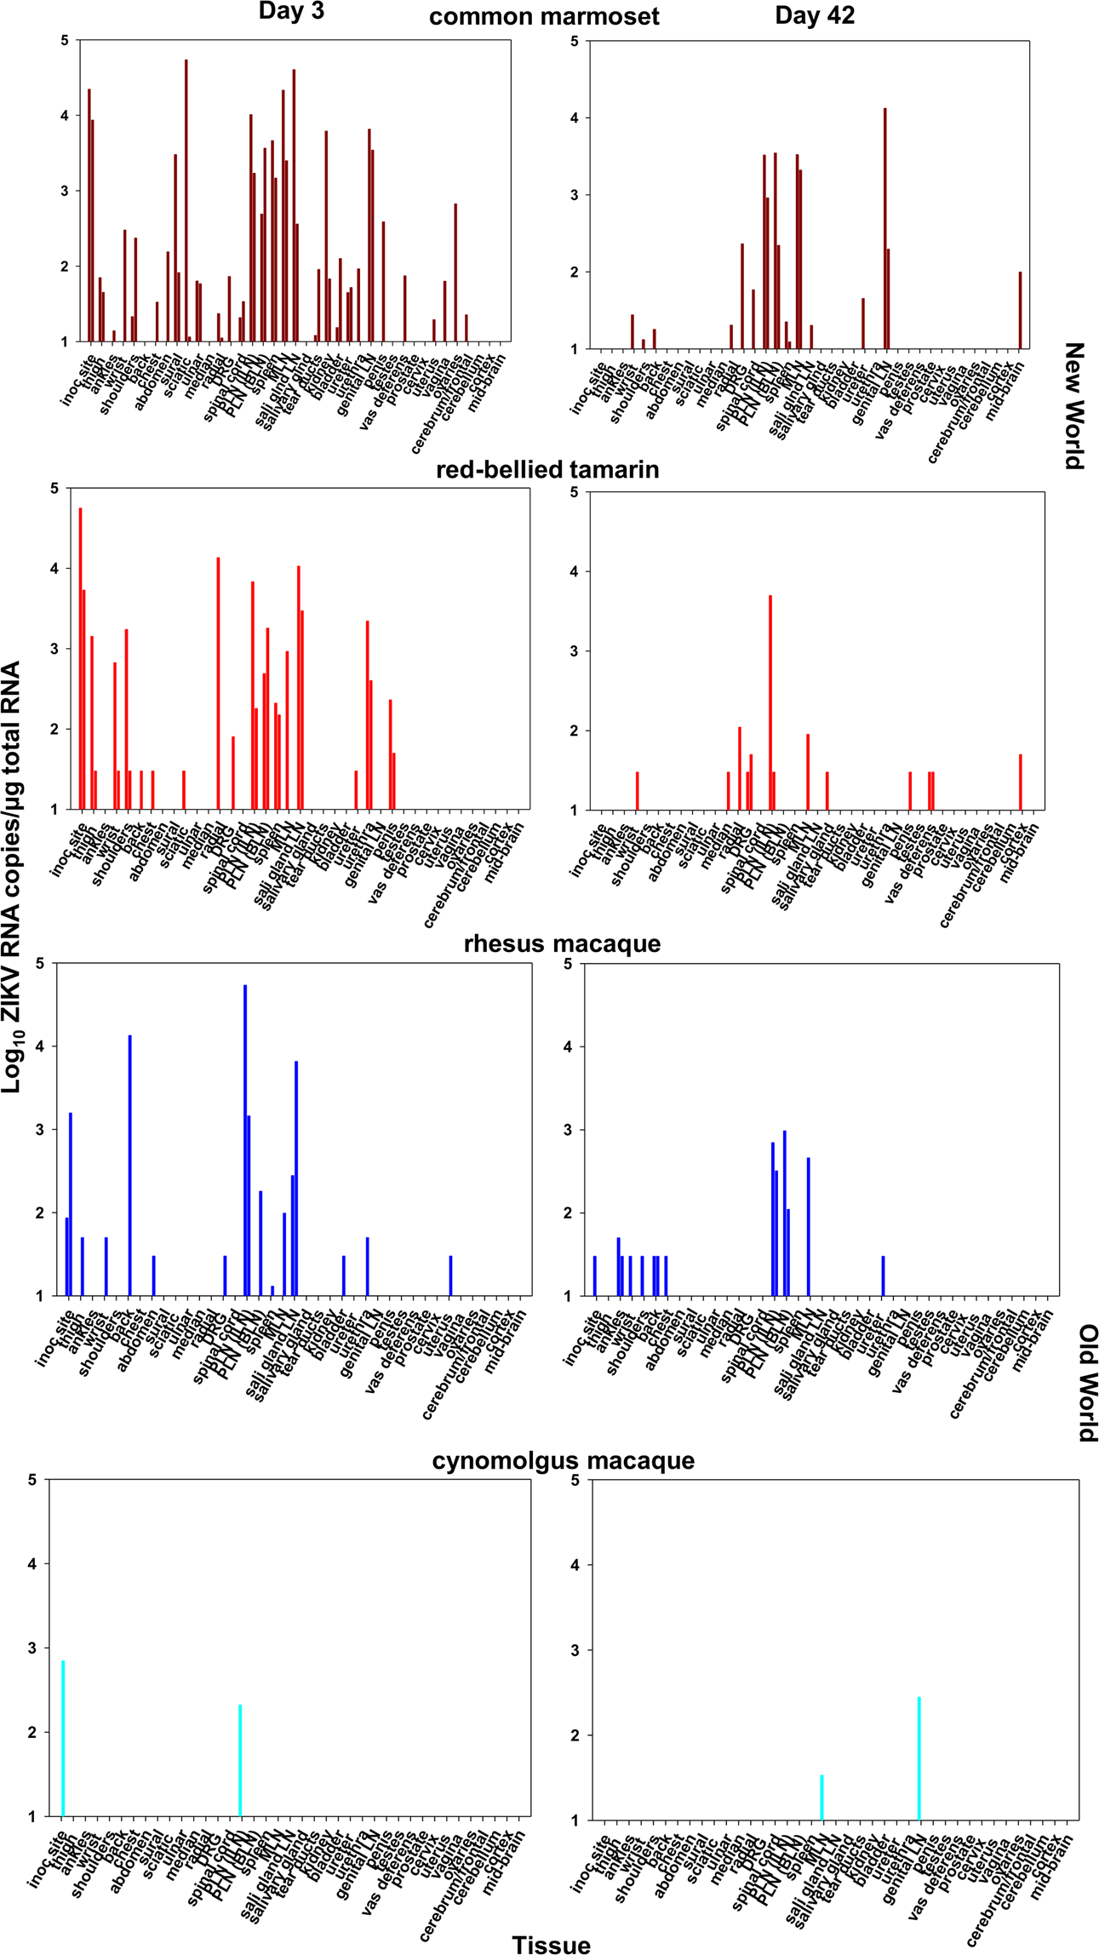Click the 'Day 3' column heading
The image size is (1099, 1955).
coord(291,12)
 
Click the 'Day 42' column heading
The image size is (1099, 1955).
coord(814,15)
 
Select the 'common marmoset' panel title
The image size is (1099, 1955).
coord(544,17)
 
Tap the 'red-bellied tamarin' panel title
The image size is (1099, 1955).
coord(547,470)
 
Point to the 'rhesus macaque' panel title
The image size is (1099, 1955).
coord(562,943)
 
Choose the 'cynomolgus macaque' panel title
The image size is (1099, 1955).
coord(563,1460)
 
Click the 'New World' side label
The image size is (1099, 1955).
coord(1074,405)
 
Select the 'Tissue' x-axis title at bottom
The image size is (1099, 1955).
coord(551,1944)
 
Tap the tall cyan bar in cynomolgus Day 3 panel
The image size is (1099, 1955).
coord(63,1737)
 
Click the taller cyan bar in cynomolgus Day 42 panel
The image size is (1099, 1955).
coord(919,1757)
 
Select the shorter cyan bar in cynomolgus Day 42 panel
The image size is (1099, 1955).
coord(821,1797)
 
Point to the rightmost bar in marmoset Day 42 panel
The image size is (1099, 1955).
coord(1020,311)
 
